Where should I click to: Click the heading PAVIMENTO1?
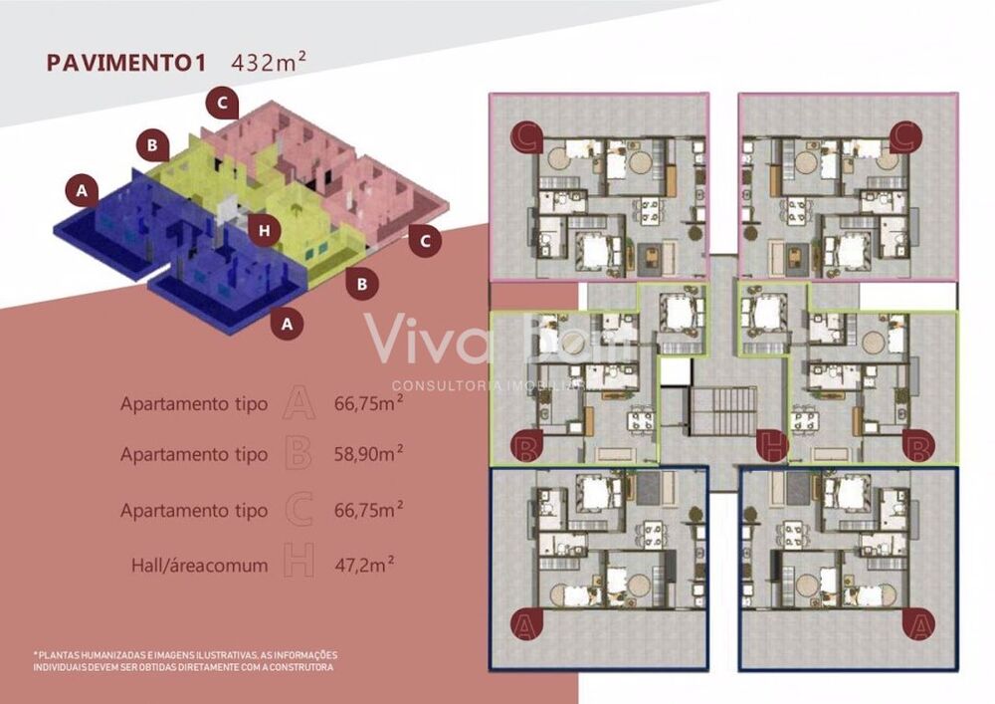coord(125,62)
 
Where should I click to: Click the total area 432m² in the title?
coord(268,61)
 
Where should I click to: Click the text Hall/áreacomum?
coord(200,566)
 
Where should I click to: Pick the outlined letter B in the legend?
coord(298,454)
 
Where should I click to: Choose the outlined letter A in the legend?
coord(298,403)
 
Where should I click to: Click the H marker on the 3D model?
coord(263,231)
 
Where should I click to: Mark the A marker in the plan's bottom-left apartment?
coord(524,624)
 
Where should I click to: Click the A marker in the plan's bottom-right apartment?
coord(917,624)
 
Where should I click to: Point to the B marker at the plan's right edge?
coord(917,445)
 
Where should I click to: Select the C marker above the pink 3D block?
coord(223,102)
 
